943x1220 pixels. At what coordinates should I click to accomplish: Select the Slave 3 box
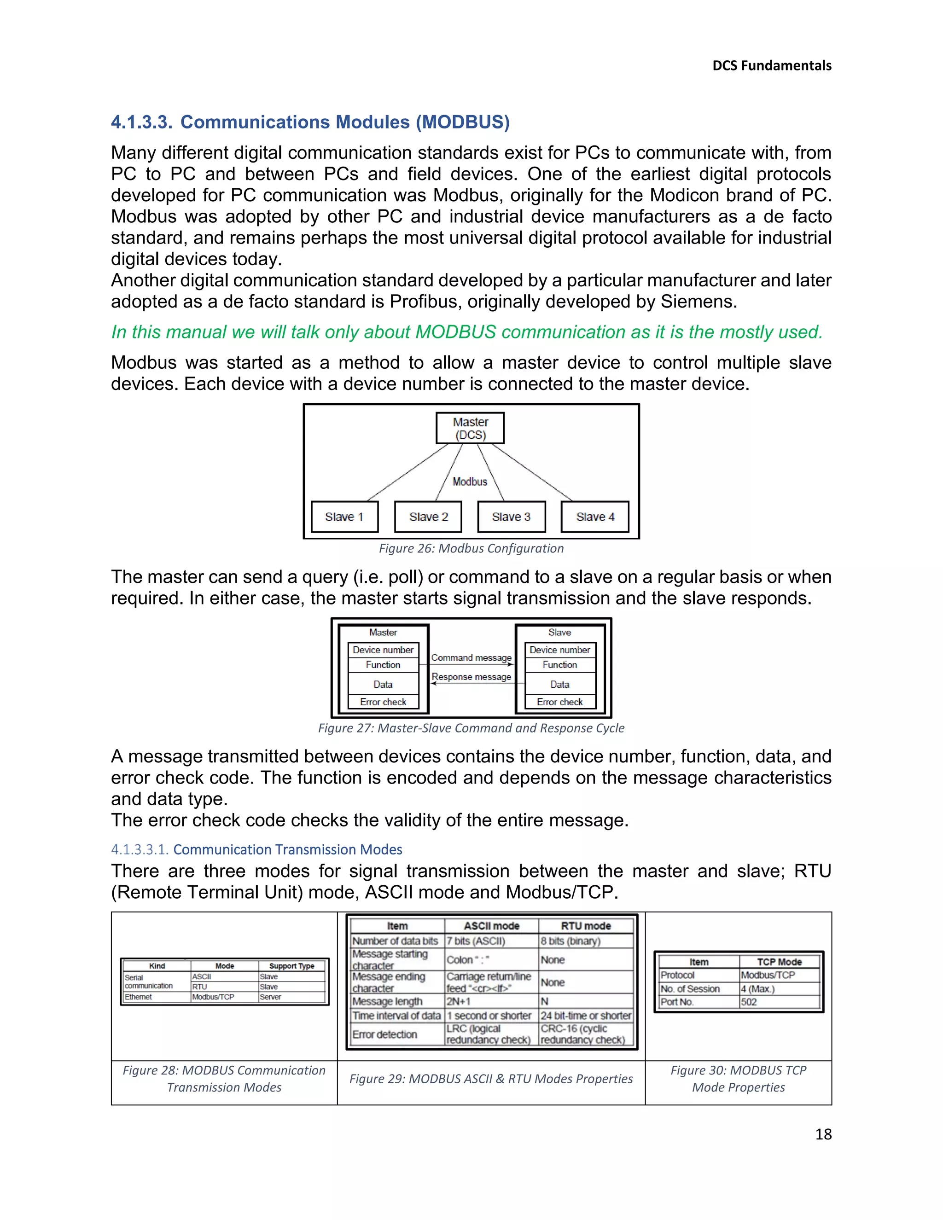(511, 517)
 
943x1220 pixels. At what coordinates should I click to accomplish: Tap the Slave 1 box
(344, 517)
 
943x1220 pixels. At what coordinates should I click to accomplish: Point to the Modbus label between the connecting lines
(470, 482)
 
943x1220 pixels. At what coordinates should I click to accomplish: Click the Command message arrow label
(471, 657)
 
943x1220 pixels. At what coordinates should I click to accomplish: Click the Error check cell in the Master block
(383, 702)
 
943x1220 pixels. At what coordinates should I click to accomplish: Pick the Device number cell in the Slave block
(560, 650)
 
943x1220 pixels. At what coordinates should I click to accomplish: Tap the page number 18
(823, 1134)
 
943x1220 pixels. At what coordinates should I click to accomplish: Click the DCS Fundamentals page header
(772, 65)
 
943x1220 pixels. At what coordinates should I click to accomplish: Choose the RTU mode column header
(586, 926)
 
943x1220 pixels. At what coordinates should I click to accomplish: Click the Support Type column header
(291, 966)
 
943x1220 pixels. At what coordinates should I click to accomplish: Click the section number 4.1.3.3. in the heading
(141, 122)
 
